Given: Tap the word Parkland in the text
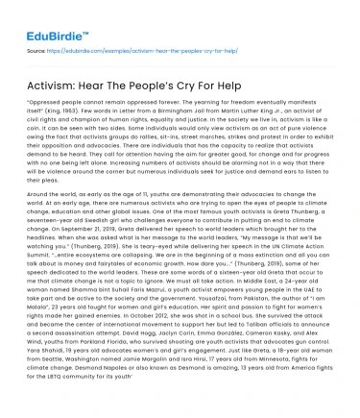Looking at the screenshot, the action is click(x=96, y=354).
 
